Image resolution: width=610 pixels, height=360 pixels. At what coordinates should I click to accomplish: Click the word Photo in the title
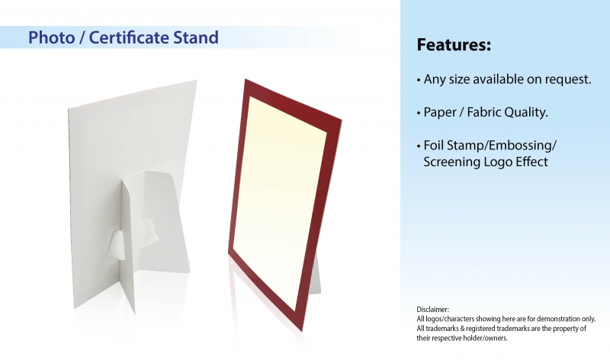click(x=51, y=37)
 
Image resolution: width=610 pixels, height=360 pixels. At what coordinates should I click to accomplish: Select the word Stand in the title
click(x=196, y=37)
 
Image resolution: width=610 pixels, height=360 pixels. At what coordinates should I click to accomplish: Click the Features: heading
click(x=454, y=45)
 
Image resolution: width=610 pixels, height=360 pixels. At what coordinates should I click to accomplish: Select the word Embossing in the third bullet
click(x=521, y=146)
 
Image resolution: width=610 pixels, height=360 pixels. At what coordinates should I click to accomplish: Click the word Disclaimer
click(x=432, y=310)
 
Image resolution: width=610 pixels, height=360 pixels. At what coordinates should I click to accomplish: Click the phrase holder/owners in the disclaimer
click(x=490, y=338)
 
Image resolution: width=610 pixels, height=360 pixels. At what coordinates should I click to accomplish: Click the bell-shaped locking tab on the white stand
click(x=116, y=244)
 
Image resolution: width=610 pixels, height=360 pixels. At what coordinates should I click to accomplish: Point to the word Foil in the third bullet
click(x=433, y=145)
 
